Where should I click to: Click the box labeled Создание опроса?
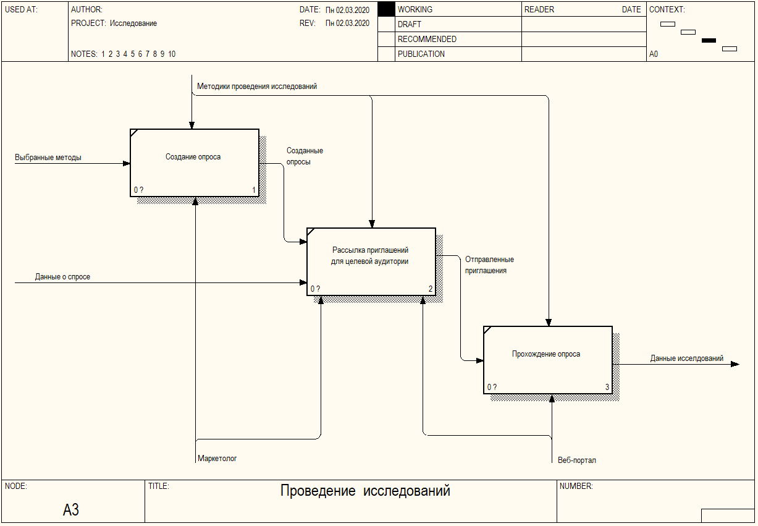(x=194, y=163)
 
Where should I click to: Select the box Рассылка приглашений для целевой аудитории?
(x=371, y=261)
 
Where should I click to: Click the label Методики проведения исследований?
(x=257, y=87)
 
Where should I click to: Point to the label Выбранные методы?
(x=48, y=158)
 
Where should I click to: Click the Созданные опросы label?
(x=305, y=156)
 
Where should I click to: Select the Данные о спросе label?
(x=62, y=277)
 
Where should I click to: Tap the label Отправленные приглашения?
(x=489, y=265)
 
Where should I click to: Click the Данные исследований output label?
(x=686, y=358)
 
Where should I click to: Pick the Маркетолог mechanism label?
(x=217, y=459)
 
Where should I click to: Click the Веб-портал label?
(x=576, y=460)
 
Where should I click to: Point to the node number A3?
(x=71, y=510)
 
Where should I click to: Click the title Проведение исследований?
(x=365, y=491)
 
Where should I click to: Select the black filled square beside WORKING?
(x=386, y=9)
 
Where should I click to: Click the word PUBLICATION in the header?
(x=421, y=54)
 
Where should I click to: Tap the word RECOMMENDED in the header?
(x=427, y=39)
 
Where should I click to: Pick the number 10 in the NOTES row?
(x=172, y=54)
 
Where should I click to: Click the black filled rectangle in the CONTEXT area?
(x=709, y=40)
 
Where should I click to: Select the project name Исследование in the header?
(x=133, y=23)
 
